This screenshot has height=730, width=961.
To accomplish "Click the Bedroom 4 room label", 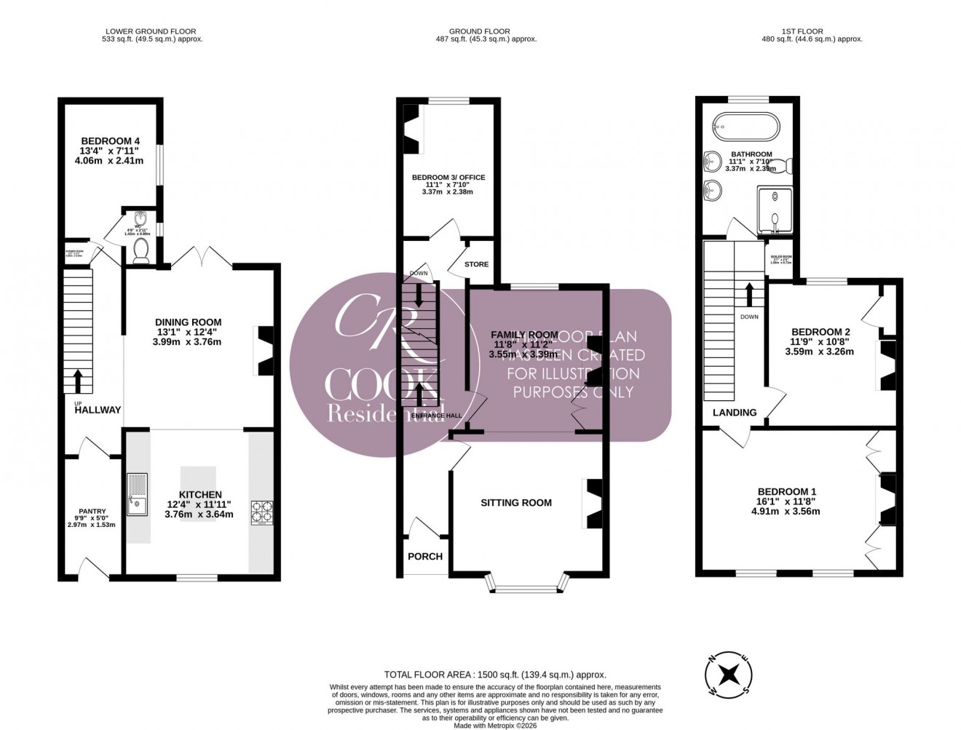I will [x=110, y=141].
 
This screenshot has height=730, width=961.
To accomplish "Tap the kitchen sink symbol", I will [x=136, y=493].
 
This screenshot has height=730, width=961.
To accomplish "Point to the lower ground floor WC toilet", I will [x=141, y=250].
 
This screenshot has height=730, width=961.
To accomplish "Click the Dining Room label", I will [x=188, y=322].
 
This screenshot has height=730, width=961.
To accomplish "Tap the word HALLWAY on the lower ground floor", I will [x=97, y=410].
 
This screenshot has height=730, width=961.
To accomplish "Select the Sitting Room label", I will [x=516, y=502].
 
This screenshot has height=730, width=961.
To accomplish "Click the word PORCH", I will [x=425, y=556].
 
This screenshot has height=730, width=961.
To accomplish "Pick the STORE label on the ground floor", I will [x=477, y=264].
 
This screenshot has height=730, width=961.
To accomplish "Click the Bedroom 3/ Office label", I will [x=448, y=178].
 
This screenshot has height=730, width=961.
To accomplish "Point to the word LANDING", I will [x=734, y=413].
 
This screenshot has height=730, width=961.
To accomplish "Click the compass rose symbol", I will [x=729, y=673].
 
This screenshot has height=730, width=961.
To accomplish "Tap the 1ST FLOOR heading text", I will [x=802, y=31].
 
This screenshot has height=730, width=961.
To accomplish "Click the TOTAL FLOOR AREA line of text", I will [x=494, y=675].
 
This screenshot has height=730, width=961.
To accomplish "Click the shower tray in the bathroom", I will [x=776, y=210].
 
